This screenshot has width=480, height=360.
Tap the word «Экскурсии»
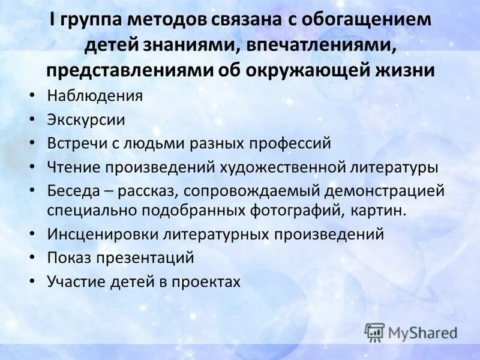click(86, 119)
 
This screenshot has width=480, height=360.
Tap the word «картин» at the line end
click(384, 210)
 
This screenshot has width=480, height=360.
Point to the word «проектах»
click(205, 282)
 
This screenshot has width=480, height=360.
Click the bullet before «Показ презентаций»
click(33, 258)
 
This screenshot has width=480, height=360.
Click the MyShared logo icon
click(374, 332)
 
